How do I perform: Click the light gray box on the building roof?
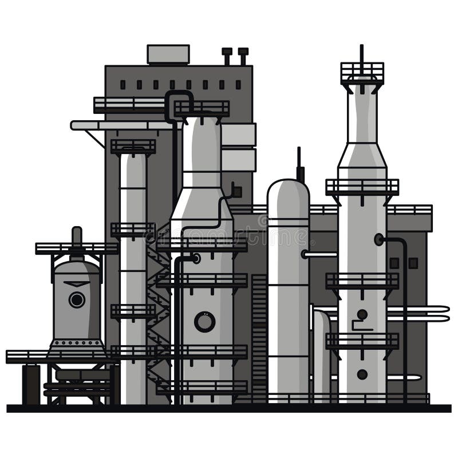coord(168,54)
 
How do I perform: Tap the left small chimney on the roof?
coord(227,56)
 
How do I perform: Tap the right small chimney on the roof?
coord(243,56)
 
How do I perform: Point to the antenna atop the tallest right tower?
coord(361,53)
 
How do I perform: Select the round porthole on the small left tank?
coord(76,299)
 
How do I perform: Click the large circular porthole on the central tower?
coord(204,322)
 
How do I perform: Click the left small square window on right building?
coord(394,263)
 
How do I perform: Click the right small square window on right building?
coord(413,263)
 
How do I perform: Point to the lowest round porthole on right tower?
coord(362,374)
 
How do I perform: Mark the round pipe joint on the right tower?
coord(378,239)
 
